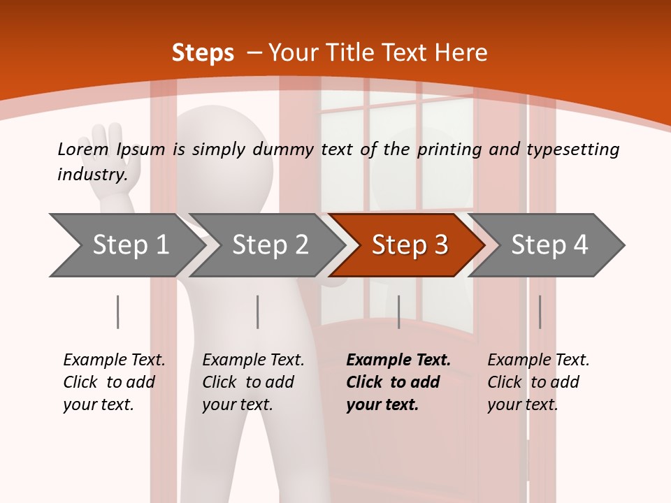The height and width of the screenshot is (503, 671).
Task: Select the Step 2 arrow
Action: pyautogui.click(x=269, y=245)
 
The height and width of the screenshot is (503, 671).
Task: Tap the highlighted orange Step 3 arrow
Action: pyautogui.click(x=409, y=245)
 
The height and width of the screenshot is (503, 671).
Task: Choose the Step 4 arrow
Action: pyautogui.click(x=549, y=245)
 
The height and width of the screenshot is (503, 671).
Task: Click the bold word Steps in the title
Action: pyautogui.click(x=203, y=52)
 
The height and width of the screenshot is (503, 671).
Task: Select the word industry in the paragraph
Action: pyautogui.click(x=92, y=175)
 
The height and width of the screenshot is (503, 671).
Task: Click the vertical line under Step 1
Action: pyautogui.click(x=117, y=312)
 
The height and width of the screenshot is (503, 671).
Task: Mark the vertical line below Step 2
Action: pyautogui.click(x=258, y=312)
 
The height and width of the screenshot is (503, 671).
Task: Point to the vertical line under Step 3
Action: pyautogui.click(x=398, y=312)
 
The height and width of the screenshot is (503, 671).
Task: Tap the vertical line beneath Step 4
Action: pyautogui.click(x=540, y=312)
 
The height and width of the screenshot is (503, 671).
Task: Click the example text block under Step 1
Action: pyautogui.click(x=113, y=382)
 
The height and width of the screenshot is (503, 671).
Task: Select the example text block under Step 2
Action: pyautogui.click(x=252, y=382)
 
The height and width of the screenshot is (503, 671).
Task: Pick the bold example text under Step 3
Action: pyautogui.click(x=398, y=382)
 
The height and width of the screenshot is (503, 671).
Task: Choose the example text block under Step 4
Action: pyautogui.click(x=537, y=382)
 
